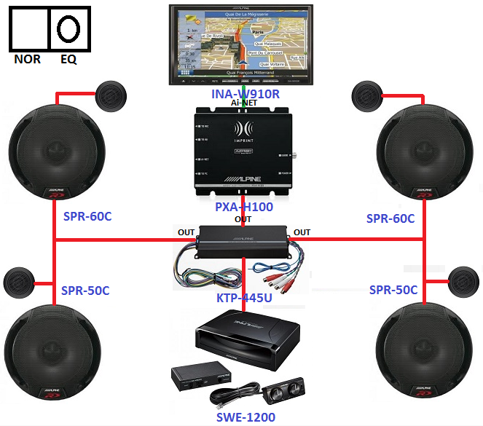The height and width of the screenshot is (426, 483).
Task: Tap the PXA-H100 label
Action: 244,207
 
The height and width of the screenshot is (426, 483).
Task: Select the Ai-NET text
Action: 245,103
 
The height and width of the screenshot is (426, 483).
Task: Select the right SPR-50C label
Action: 393,291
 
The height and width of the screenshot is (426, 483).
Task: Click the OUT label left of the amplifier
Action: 186,233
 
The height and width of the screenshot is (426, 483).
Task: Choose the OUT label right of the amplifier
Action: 302,233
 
